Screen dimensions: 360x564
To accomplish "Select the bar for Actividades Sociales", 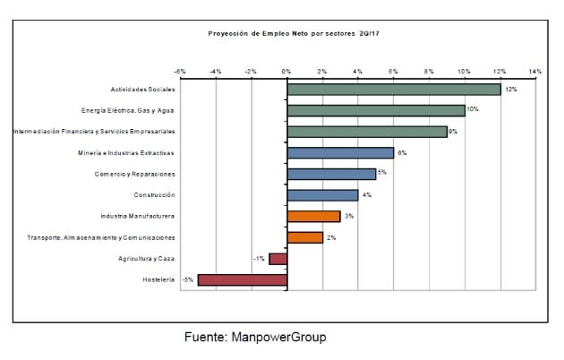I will click(x=393, y=90).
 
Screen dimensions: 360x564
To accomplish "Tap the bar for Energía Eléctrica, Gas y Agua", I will click(x=375, y=110).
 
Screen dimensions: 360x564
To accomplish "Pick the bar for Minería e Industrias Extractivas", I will click(x=340, y=153).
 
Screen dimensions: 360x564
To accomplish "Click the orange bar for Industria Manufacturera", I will click(x=313, y=216).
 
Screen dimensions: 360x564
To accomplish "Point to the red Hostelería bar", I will click(x=242, y=280).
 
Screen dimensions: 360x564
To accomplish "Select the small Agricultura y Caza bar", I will click(x=278, y=259).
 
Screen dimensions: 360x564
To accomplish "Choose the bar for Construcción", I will click(x=322, y=195).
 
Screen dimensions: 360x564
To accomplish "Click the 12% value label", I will click(x=511, y=90).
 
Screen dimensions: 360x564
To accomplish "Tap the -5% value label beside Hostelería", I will click(x=187, y=280).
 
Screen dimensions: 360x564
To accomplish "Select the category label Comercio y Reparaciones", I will click(x=134, y=174).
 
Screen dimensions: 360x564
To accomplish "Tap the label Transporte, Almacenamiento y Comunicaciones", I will click(x=100, y=237).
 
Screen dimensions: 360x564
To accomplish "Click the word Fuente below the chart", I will click(x=207, y=338).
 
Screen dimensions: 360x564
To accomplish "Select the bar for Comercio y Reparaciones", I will click(x=331, y=174).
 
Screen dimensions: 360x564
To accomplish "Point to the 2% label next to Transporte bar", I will click(x=331, y=237).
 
